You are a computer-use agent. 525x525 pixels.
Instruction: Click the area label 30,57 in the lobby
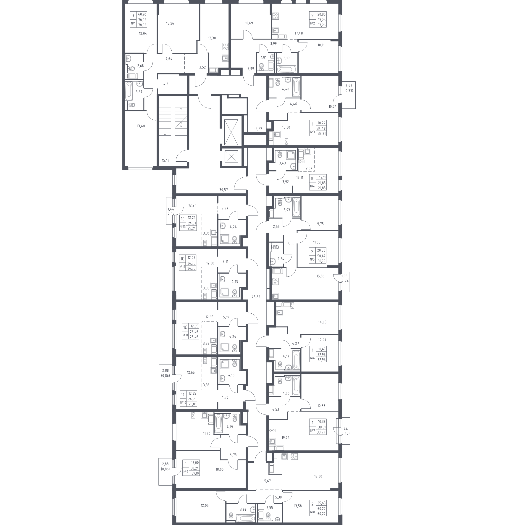coord(224,190)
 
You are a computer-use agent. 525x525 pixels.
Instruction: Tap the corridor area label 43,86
coord(256,297)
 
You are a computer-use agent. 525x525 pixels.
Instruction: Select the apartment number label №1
coord(133,23)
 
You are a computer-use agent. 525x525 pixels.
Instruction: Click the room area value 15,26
coord(170,23)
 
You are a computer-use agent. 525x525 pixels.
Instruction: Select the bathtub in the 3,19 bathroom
coord(287,68)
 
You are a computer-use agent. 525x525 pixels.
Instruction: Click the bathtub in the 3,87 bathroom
coord(129,91)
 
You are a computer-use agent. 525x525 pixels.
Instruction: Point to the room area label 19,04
coord(286,438)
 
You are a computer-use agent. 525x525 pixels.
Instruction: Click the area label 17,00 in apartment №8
coord(318,476)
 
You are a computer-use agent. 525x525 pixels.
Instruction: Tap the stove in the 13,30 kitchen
coord(225,47)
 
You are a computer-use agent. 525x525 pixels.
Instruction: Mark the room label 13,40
coord(141,126)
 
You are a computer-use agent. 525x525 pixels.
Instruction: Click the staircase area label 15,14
coord(165,160)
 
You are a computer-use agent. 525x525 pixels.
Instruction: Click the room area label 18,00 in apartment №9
coord(220,469)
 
